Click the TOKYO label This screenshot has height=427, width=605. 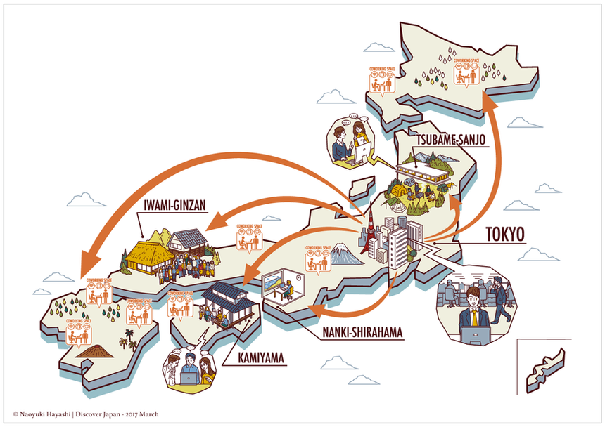coord(505,234)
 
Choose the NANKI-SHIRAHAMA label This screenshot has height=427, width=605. coord(360,331)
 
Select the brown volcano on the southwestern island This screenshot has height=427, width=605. coord(91,348)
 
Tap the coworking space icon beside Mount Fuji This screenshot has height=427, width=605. coord(314,258)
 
